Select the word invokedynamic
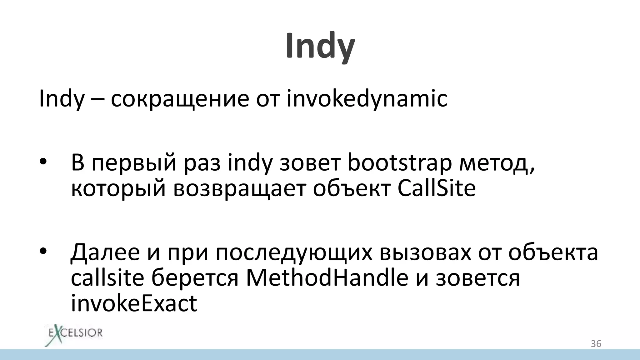pos(367,99)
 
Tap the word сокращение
pos(180,99)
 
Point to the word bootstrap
pos(399,163)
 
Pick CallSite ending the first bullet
pos(437,188)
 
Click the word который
pos(118,188)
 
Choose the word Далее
pos(105,252)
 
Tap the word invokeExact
pos(134,303)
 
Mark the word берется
pos(195,278)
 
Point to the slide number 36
pos(596,344)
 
